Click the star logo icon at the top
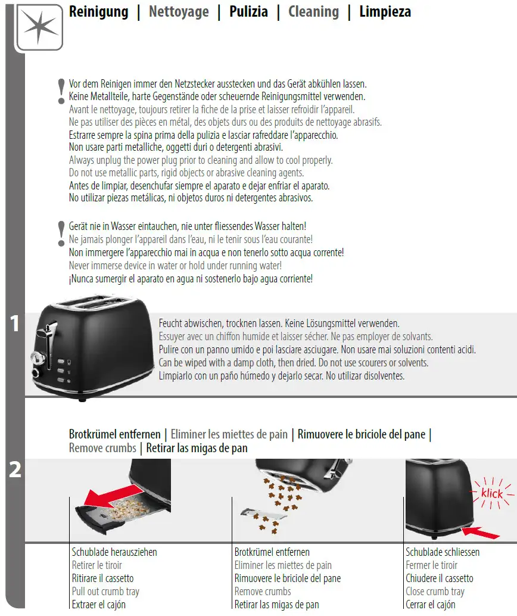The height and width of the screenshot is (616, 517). [39, 27]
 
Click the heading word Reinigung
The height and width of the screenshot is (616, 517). [98, 12]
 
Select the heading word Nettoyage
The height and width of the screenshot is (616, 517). [179, 12]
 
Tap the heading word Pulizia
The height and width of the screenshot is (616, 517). [248, 12]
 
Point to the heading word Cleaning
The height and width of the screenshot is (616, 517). [313, 12]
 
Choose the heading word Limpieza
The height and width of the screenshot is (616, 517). [385, 12]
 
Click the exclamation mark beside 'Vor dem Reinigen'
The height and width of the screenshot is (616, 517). [61, 92]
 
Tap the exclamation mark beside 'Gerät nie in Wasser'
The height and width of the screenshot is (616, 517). [61, 234]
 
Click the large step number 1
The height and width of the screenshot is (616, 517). [15, 325]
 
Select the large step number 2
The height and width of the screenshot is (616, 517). [15, 471]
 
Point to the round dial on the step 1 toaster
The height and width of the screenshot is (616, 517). [36, 359]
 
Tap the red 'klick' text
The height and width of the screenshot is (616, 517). [492, 493]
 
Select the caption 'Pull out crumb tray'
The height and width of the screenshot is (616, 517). [105, 592]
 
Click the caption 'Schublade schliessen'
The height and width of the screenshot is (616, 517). [443, 552]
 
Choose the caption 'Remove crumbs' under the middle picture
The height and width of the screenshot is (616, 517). [263, 592]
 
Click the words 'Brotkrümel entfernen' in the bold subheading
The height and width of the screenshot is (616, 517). [115, 434]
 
